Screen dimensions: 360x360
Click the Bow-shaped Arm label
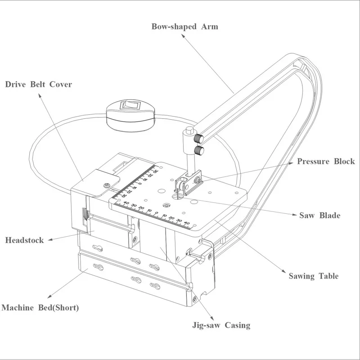pos(184,27)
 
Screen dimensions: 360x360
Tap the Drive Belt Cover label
pos(38,84)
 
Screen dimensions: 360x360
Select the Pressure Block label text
pos(326,162)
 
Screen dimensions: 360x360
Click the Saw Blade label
pos(319,215)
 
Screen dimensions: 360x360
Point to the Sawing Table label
pos(314,276)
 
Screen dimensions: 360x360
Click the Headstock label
pos(24,240)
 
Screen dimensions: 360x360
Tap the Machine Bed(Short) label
pos(40,308)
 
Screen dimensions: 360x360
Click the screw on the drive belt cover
pos(106,185)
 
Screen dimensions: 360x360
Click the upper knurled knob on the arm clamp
pos(199,137)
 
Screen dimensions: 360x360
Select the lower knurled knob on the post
pos(198,150)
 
